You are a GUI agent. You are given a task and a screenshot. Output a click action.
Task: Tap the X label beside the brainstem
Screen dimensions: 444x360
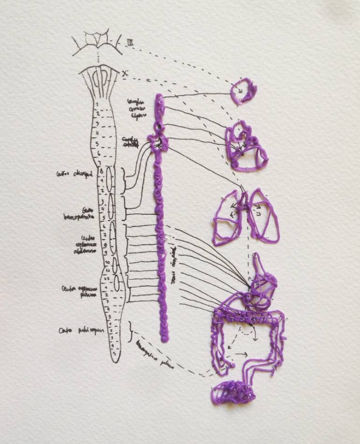124,73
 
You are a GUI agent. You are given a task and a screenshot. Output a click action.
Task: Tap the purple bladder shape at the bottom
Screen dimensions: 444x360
233,392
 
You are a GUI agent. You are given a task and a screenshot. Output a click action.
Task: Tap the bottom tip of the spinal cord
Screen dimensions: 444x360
116,361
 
